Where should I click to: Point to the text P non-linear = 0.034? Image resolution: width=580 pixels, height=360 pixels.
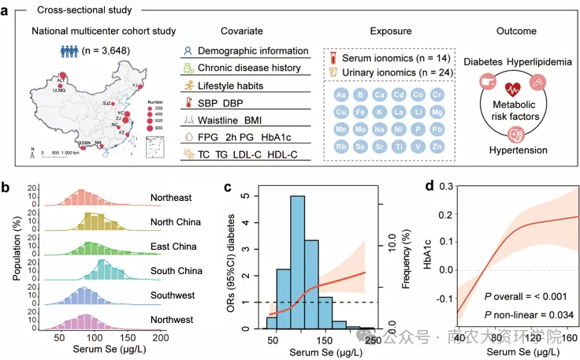click(519, 315)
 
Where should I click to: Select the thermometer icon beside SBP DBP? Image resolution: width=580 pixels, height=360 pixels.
click(188, 102)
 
